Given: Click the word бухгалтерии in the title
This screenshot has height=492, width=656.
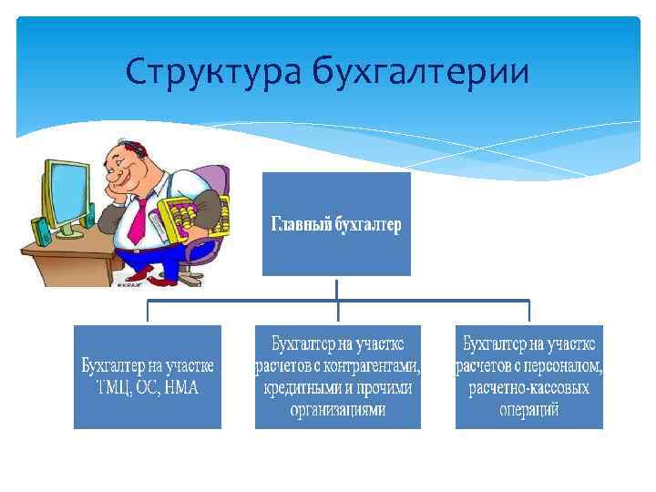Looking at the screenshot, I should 420,71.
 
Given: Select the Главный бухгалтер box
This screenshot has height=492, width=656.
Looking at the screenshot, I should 336,224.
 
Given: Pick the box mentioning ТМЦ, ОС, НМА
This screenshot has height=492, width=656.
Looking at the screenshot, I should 148,376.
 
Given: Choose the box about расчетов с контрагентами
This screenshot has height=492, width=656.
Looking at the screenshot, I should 338,376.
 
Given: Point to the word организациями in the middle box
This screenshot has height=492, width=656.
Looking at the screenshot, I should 338,409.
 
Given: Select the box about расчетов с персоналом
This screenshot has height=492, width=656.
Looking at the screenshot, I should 529,376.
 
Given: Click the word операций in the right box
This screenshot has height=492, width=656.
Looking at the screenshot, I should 529,409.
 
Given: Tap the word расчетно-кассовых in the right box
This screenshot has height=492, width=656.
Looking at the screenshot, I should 529,387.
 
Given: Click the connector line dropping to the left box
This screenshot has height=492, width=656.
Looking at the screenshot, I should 148,313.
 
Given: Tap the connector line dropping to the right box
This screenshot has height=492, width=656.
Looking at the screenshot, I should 529,313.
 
